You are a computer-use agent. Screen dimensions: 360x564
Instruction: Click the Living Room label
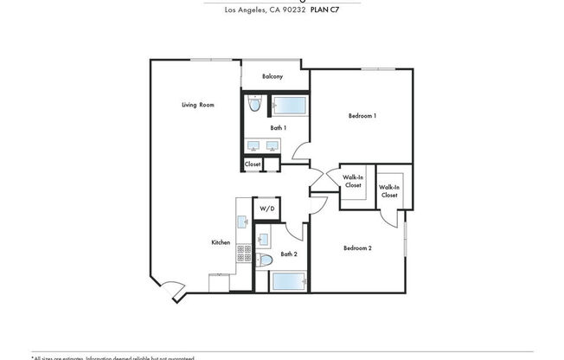click(x=197, y=105)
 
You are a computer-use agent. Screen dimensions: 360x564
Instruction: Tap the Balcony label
click(x=272, y=76)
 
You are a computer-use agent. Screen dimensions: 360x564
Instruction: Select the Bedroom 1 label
click(x=362, y=115)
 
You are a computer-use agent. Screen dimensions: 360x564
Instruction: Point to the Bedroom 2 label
click(x=357, y=248)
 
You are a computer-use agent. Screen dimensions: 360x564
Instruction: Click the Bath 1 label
click(x=278, y=127)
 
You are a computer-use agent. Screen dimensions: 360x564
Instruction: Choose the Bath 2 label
click(x=289, y=254)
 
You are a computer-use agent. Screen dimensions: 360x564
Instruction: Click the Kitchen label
click(x=221, y=242)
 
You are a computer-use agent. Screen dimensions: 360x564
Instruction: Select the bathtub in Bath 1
click(x=290, y=106)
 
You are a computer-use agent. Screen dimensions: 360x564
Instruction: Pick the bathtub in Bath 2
click(x=290, y=281)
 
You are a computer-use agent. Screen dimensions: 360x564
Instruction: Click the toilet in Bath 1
click(x=253, y=106)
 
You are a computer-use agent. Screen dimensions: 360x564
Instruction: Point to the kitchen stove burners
click(x=244, y=253)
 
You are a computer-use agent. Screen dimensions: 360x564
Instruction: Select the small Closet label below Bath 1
click(x=253, y=164)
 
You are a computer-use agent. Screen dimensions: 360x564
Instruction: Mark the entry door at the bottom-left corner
click(x=173, y=292)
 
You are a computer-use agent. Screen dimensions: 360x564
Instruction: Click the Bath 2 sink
click(x=264, y=237)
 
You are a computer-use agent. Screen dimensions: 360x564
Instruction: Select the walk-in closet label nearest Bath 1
click(x=353, y=182)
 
